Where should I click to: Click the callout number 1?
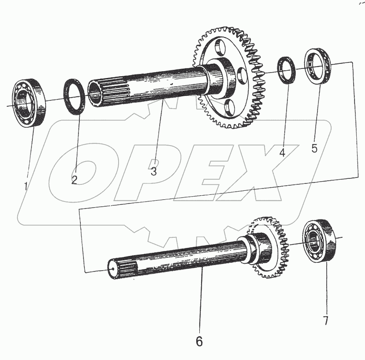tap(26, 186)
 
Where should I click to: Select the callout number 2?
tap(74, 179)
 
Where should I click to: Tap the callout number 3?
tap(154, 172)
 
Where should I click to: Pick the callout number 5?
tap(314, 148)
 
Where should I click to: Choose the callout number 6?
tap(199, 340)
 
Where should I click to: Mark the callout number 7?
tap(326, 320)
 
